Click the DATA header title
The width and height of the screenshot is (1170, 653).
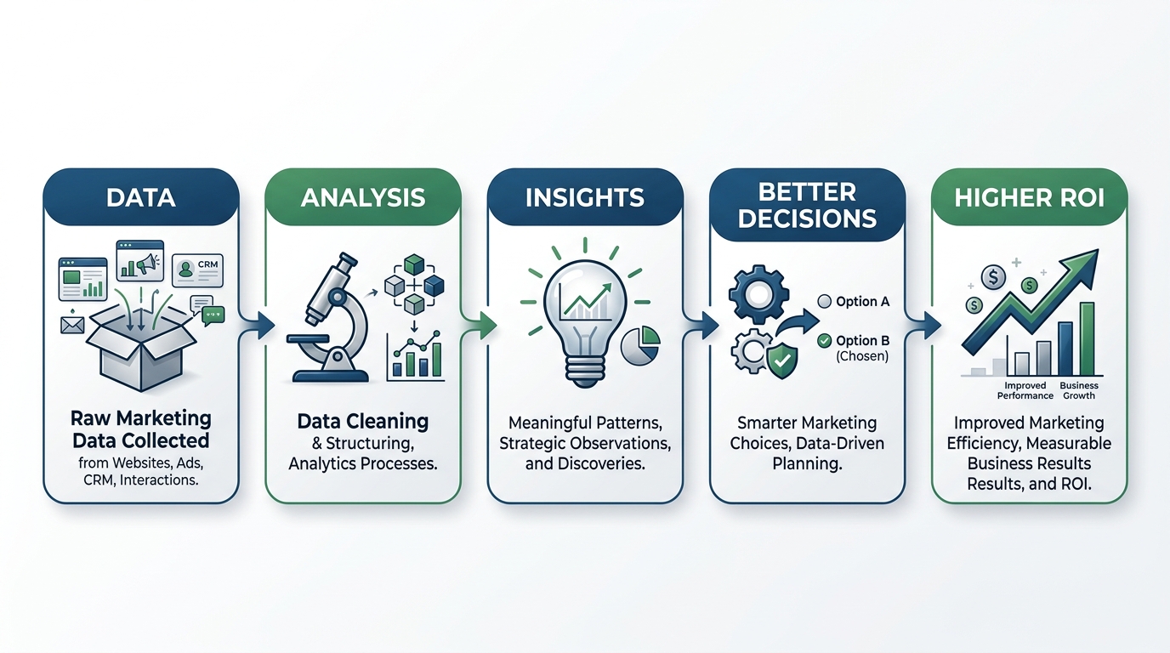(x=140, y=198)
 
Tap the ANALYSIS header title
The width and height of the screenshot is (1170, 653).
(x=363, y=198)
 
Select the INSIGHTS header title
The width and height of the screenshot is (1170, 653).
(x=584, y=198)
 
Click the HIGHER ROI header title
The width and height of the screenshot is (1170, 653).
(x=1030, y=198)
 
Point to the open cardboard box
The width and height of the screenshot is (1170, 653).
(x=141, y=348)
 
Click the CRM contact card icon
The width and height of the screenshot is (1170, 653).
(x=197, y=270)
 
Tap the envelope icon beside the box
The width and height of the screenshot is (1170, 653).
(x=72, y=325)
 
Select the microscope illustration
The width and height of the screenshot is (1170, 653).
(x=329, y=319)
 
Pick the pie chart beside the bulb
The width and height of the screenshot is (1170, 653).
(x=641, y=346)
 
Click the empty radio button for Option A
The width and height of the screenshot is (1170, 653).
(x=824, y=302)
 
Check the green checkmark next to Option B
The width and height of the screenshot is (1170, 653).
(x=824, y=341)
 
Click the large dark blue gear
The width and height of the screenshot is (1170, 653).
(x=758, y=295)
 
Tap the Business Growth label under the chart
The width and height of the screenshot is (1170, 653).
(x=1079, y=390)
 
